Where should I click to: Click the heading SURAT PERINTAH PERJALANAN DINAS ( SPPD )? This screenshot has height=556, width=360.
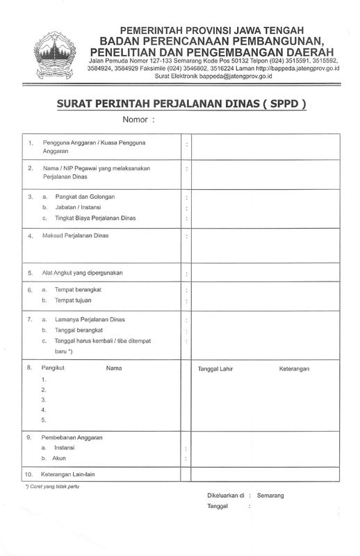[x=180, y=104]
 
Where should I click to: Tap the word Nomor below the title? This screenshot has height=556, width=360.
[x=136, y=120]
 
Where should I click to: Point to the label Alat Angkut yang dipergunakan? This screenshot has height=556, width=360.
[x=83, y=272]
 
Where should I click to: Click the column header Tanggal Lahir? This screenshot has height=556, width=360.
[x=214, y=368]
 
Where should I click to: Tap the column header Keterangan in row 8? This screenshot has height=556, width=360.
[x=294, y=368]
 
